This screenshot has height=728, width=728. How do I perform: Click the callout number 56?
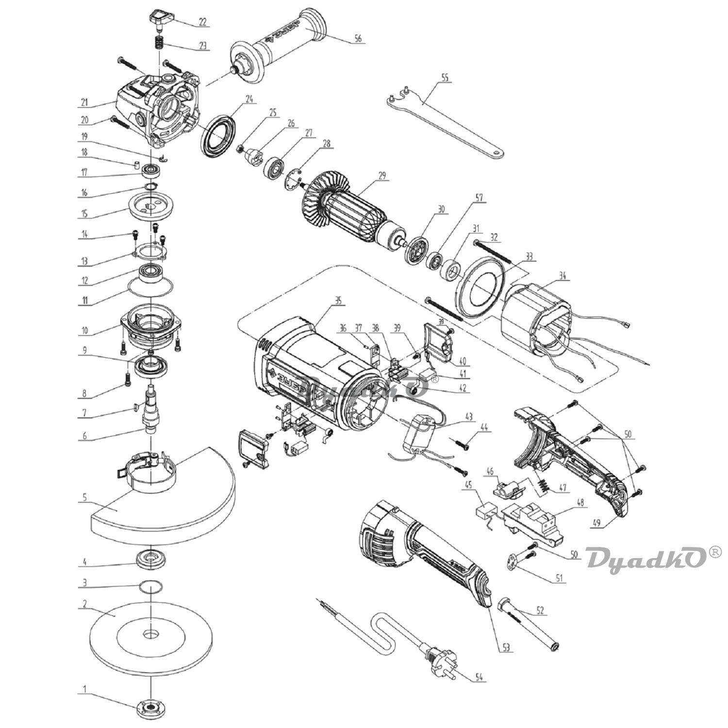click(x=358, y=39)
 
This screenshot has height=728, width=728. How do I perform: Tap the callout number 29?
click(x=382, y=176)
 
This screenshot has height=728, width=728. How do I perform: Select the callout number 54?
click(x=479, y=677)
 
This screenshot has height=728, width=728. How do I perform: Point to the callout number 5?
click(x=84, y=497)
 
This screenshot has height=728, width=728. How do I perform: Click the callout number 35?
click(x=338, y=300)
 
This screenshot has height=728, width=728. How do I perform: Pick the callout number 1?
click(x=85, y=689)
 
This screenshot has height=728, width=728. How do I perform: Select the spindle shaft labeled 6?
click(x=151, y=408)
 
